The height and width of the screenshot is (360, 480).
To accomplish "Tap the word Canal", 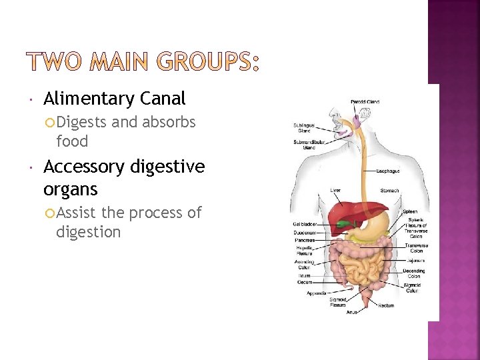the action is click(163, 99).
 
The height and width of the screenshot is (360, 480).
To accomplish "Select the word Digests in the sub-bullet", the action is click(82, 123).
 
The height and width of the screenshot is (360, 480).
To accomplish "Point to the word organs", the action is click(70, 189).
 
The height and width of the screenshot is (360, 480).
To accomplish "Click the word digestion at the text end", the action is click(88, 232).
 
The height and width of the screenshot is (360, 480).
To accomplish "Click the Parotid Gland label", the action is click(365, 102).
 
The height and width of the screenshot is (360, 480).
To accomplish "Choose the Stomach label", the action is click(389, 191).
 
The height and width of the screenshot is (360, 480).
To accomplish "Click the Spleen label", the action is click(409, 211).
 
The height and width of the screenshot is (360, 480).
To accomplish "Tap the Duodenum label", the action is click(305, 233).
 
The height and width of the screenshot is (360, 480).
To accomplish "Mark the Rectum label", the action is click(386, 306).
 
